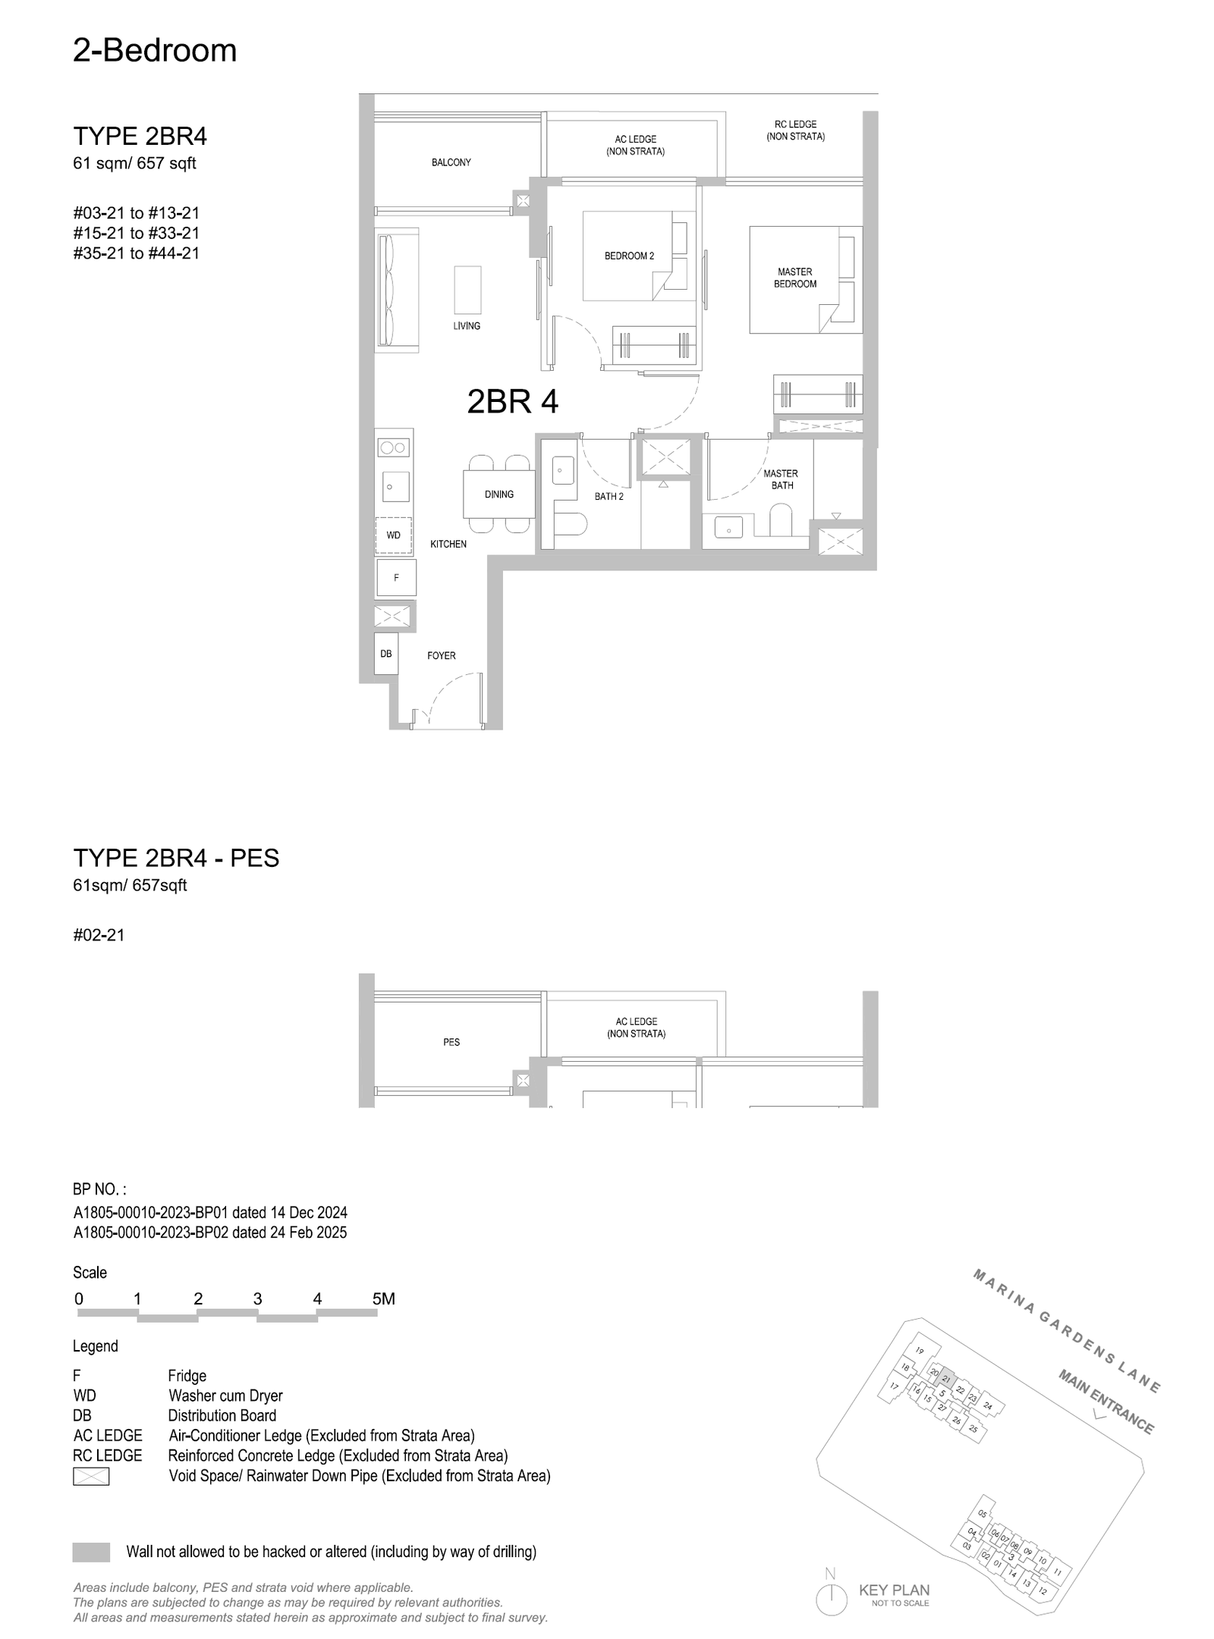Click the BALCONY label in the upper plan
(451, 162)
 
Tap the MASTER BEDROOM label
(795, 278)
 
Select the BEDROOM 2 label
(629, 256)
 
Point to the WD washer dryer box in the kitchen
(394, 535)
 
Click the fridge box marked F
(396, 578)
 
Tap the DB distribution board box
(386, 654)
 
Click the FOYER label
(442, 656)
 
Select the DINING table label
(499, 495)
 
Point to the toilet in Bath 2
(569, 523)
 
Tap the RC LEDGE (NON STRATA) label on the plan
(796, 130)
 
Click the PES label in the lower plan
(451, 1042)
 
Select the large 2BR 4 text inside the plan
(513, 402)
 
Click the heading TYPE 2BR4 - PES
(176, 858)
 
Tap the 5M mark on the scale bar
(384, 1298)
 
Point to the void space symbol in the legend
(91, 1476)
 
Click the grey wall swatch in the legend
(91, 1552)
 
